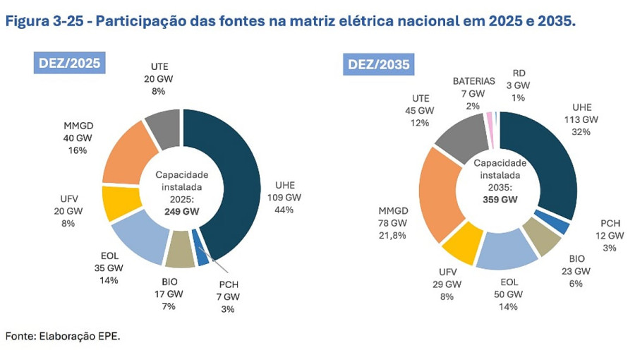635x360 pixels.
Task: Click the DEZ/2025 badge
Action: pyautogui.click(x=68, y=63)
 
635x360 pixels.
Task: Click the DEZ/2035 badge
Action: pyautogui.click(x=378, y=66)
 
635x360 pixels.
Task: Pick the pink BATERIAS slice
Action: pyautogui.click(x=490, y=122)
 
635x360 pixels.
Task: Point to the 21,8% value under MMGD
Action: pyautogui.click(x=392, y=235)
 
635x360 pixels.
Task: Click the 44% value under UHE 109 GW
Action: pyautogui.click(x=284, y=209)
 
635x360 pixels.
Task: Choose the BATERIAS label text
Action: pyautogui.click(x=474, y=81)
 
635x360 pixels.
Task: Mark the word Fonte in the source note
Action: pyautogui.click(x=20, y=335)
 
